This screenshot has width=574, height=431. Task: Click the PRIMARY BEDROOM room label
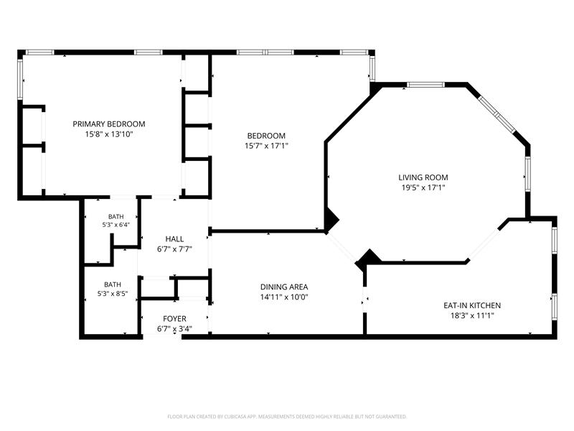pyautogui.click(x=109, y=124)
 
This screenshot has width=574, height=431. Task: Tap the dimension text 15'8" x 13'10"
pyautogui.click(x=109, y=134)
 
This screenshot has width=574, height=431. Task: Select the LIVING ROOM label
pyautogui.click(x=423, y=177)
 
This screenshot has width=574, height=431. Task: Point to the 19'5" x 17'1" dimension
pyautogui.click(x=423, y=187)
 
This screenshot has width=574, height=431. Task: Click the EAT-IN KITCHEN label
pyautogui.click(x=472, y=305)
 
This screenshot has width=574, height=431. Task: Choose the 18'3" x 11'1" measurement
pyautogui.click(x=472, y=315)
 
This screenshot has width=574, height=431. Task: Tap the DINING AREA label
pyautogui.click(x=284, y=287)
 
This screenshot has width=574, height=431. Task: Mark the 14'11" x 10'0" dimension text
pyautogui.click(x=284, y=297)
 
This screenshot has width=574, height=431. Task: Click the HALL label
pyautogui.click(x=174, y=239)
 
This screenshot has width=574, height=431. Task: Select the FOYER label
pyautogui.click(x=174, y=319)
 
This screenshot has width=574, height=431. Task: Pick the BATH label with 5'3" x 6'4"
pyautogui.click(x=116, y=217)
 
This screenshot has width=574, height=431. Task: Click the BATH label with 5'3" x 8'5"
pyautogui.click(x=113, y=284)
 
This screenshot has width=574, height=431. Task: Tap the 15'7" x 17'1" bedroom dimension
pyautogui.click(x=266, y=146)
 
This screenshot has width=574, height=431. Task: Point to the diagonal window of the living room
pyautogui.click(x=497, y=114)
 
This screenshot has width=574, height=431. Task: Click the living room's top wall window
pyautogui.click(x=425, y=85)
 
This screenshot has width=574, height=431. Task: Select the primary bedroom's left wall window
pyautogui.click(x=20, y=80)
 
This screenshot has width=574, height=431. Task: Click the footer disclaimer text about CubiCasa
pyautogui.click(x=287, y=417)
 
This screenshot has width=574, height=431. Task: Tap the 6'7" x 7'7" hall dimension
pyautogui.click(x=174, y=249)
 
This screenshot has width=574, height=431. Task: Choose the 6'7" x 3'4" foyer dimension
pyautogui.click(x=174, y=329)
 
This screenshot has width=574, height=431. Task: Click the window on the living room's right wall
pyautogui.click(x=528, y=174)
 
